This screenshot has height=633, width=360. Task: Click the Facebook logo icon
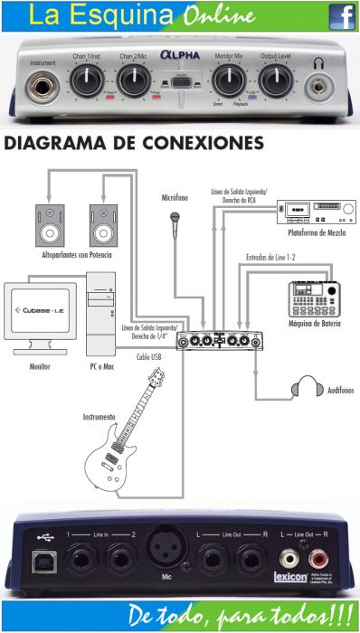(x=341, y=16)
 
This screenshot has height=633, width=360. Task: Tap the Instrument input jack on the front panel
(x=42, y=87)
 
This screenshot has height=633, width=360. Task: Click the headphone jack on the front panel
(x=318, y=87)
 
